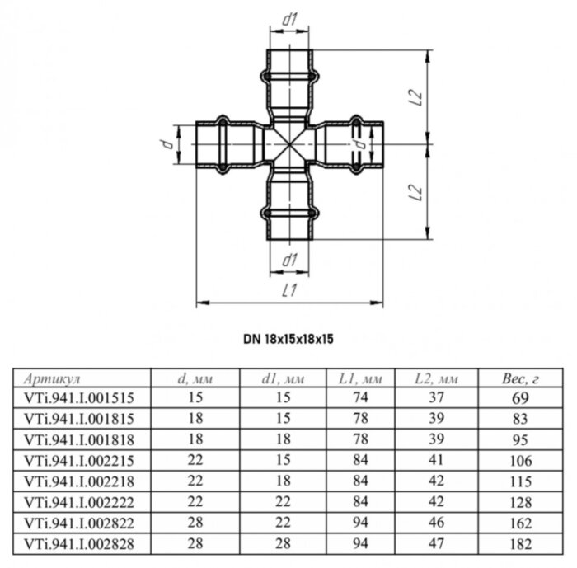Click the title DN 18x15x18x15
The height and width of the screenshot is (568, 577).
point(288,338)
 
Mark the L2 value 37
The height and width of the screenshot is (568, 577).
point(437,397)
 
